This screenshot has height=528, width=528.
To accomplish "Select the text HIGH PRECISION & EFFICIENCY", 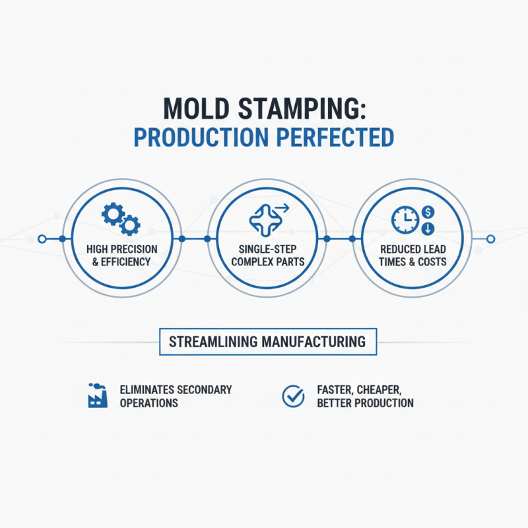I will coord(121,255).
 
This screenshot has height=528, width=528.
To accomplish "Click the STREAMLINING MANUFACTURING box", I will coord(267,342).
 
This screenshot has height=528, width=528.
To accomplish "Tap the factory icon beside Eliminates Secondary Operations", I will coord(97,394).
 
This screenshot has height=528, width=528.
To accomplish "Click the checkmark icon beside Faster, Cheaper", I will coord(292,395).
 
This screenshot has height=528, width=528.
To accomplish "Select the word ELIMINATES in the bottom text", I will coord(148,389).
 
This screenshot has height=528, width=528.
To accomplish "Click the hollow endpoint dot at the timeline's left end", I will coord(42,238).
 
